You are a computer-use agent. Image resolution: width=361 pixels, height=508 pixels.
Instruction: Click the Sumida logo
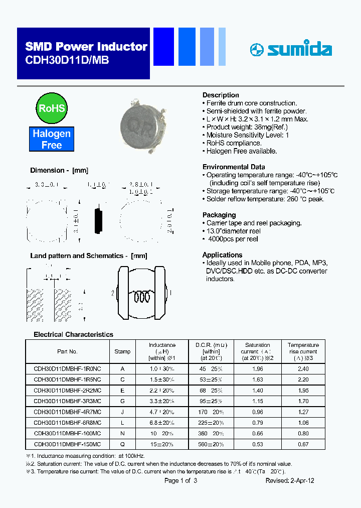click(291, 49)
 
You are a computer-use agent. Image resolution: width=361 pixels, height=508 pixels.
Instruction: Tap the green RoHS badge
click(51, 108)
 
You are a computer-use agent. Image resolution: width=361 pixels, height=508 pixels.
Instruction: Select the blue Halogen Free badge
click(52, 140)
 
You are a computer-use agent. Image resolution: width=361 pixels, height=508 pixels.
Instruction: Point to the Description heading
click(221, 95)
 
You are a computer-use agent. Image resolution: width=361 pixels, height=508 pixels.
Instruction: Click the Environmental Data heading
click(234, 167)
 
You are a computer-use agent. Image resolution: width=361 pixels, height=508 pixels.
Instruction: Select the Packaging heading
click(219, 215)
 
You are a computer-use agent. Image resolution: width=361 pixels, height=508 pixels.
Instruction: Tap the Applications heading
click(222, 255)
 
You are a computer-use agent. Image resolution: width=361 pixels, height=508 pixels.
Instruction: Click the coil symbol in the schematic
click(142, 297)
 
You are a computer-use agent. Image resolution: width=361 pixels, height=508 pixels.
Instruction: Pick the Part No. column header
click(67, 351)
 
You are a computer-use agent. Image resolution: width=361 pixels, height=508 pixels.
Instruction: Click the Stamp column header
click(122, 351)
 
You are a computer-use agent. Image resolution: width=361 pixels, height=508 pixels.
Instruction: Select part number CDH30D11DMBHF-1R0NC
click(67, 368)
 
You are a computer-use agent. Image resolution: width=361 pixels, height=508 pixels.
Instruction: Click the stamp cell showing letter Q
click(122, 444)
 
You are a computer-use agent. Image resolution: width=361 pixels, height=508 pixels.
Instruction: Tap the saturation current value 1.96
click(257, 368)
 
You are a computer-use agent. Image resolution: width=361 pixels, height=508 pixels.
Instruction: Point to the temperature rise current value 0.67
click(303, 444)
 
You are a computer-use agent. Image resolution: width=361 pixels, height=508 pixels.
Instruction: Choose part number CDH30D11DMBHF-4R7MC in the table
click(67, 412)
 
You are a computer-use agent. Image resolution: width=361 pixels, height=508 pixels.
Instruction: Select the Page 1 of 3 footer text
click(181, 480)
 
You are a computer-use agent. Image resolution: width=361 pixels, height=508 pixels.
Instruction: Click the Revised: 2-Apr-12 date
click(290, 480)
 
